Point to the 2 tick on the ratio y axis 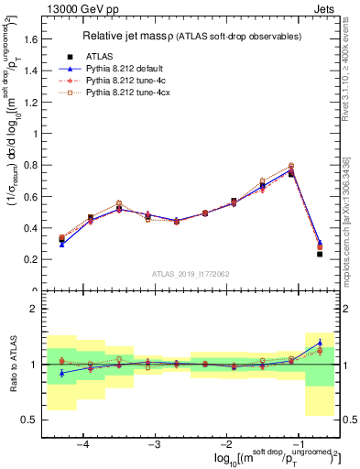tap(38, 309)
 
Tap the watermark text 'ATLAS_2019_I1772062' tap(192, 274)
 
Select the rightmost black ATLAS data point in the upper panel tap(319, 254)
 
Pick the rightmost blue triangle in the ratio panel tap(319, 343)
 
